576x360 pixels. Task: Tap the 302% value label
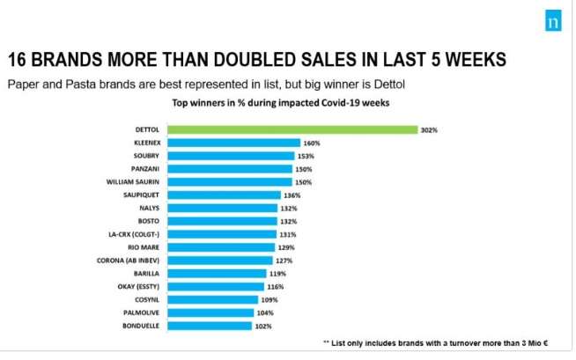429,129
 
